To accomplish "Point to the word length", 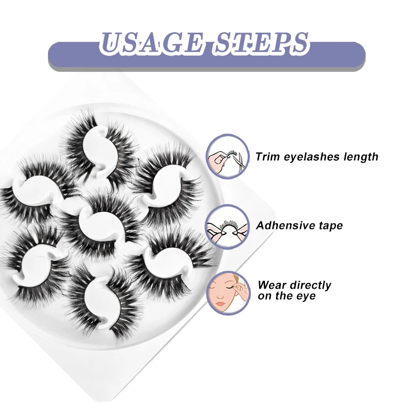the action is click(360, 157).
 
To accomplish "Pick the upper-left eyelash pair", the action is click(38, 189).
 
